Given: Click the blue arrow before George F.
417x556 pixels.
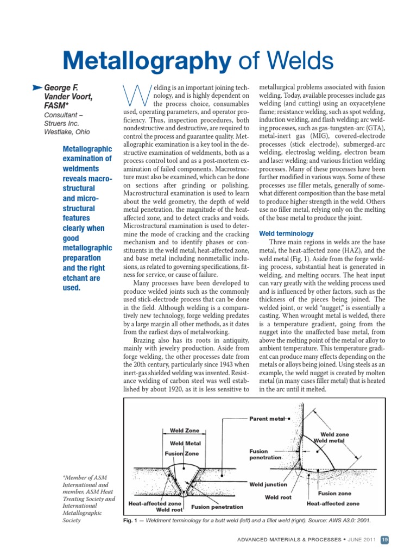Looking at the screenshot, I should tap(36, 87).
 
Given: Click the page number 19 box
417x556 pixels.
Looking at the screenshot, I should tap(384, 540).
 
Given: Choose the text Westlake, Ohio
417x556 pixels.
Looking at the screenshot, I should tap(67, 132).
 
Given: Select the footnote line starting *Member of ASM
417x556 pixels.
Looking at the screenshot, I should tap(86, 477).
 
